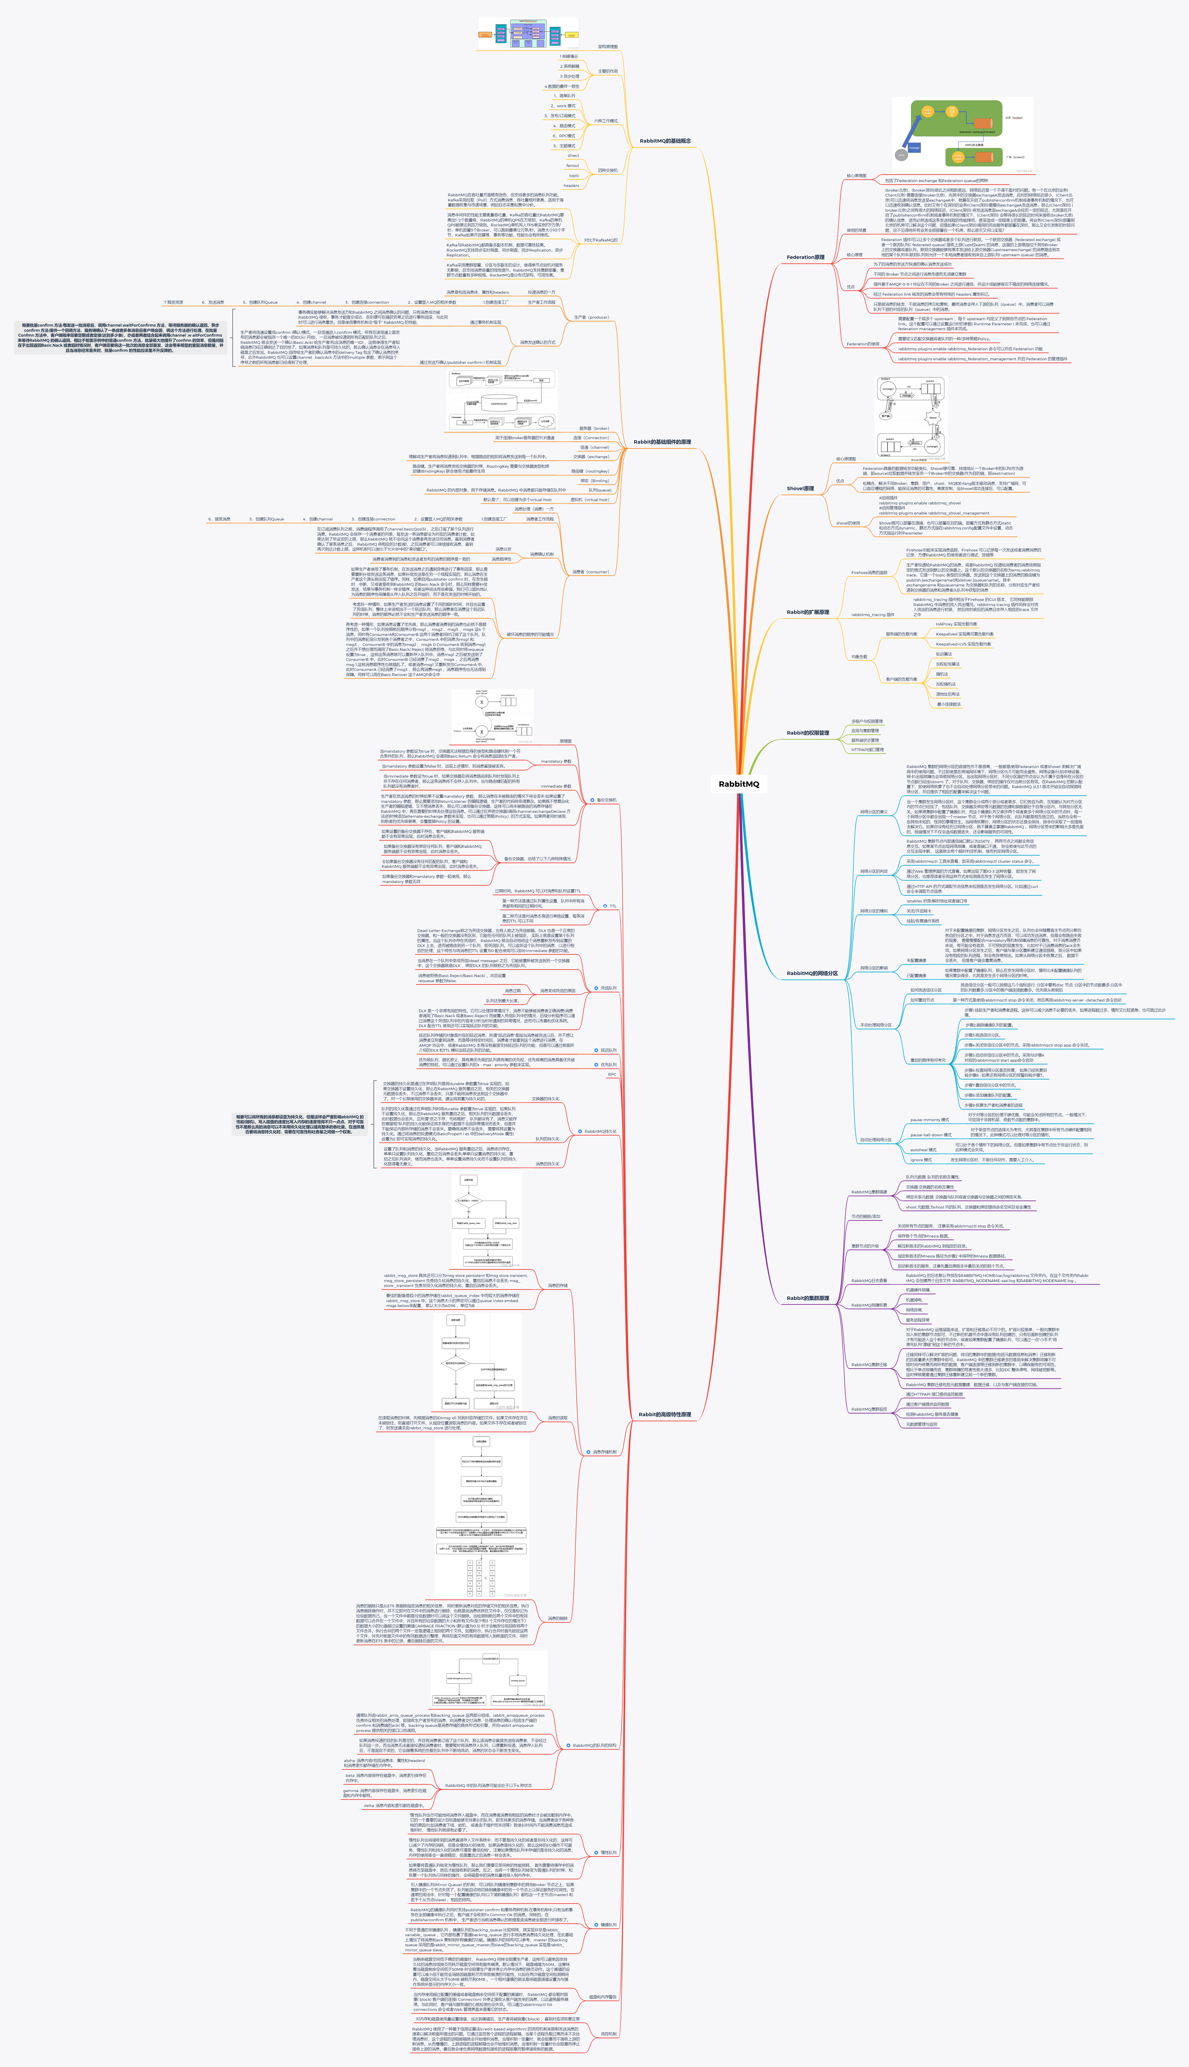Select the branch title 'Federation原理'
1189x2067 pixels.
(x=805, y=257)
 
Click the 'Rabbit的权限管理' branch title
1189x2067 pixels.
(x=807, y=733)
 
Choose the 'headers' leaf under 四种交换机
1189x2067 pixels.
(x=571, y=185)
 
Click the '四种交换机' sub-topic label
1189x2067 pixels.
(x=608, y=171)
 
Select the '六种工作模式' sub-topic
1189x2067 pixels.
(x=606, y=121)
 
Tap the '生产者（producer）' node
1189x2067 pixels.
(x=591, y=317)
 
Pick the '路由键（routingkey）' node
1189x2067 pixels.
(x=590, y=471)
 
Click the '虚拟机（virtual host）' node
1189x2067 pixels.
(x=590, y=500)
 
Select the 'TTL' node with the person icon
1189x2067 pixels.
(x=612, y=906)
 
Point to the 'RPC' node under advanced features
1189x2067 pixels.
(x=612, y=1075)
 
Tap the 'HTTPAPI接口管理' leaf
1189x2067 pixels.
(x=867, y=750)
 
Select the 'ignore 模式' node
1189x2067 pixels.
(x=921, y=1160)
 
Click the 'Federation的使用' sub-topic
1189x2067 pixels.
(x=862, y=344)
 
